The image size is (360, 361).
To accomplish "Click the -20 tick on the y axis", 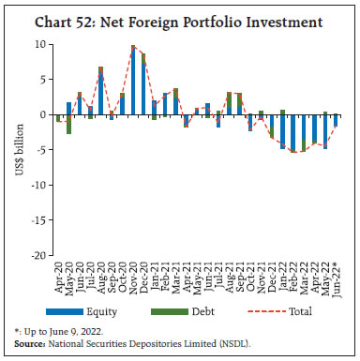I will click(37, 254).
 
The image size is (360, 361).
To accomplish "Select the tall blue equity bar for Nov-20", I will click(133, 81).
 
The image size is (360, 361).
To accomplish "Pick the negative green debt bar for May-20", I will click(68, 124).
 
